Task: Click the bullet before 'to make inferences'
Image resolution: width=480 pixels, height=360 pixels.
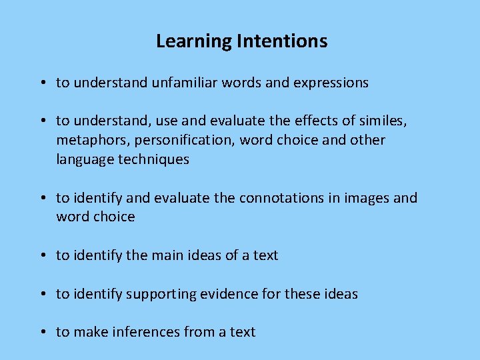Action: click(42, 332)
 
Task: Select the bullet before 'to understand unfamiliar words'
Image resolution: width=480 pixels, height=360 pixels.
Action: click(42, 83)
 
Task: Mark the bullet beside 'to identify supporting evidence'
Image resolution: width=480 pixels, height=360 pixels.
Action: click(42, 294)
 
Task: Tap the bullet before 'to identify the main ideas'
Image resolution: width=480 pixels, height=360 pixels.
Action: click(42, 255)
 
